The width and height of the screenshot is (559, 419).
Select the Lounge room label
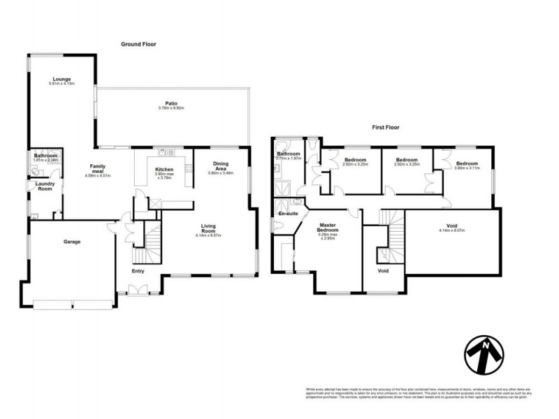(x=61, y=80)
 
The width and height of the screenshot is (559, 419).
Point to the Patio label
(x=162, y=105)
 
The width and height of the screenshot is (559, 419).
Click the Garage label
(x=73, y=242)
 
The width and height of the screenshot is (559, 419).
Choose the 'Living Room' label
(x=209, y=228)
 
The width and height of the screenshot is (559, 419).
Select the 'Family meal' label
(x=97, y=168)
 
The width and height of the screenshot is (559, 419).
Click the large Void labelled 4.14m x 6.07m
(x=452, y=226)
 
